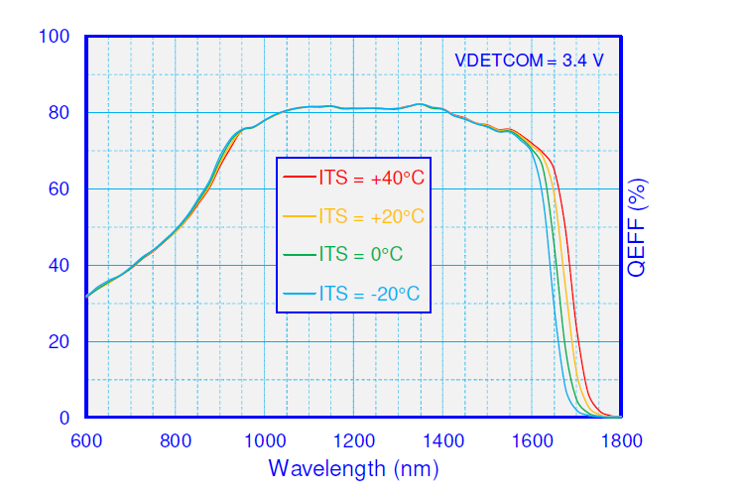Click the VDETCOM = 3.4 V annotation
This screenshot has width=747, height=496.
point(529,60)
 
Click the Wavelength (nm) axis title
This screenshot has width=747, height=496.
point(353,467)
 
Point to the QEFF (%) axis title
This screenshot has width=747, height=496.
point(639,227)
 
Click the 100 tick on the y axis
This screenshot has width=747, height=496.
point(55,37)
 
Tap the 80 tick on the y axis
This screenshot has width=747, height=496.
point(60,113)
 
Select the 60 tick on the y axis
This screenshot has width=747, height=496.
point(60,189)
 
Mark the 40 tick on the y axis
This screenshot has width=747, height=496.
point(60,266)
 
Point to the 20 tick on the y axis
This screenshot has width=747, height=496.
point(60,342)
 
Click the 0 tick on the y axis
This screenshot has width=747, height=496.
point(64,419)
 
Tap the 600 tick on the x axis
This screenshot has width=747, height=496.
point(86,441)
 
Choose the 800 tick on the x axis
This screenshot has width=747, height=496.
point(176,441)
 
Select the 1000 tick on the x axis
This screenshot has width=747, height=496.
point(264,441)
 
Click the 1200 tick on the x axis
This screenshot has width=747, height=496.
point(353,441)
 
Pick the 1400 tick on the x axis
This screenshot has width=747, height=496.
point(442,441)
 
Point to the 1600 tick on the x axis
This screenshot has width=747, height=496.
point(532,441)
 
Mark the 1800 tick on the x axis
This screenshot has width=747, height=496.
point(620,441)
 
